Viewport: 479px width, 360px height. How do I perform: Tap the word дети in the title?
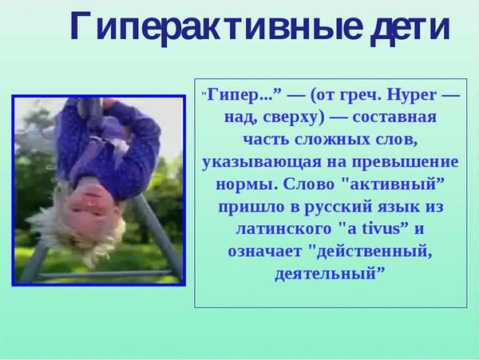click(x=410, y=28)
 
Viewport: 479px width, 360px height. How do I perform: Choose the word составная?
click(x=394, y=117)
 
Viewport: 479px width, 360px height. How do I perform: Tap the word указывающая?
click(x=262, y=163)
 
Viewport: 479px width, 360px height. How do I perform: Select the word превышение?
click(x=405, y=162)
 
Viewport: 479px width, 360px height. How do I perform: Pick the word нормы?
click(x=247, y=184)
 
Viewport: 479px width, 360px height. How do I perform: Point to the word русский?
click(x=338, y=207)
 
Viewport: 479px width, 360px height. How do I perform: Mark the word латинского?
click(x=283, y=229)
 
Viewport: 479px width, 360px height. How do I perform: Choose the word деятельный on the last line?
click(x=325, y=274)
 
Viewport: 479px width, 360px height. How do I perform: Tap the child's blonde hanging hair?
click(x=78, y=235)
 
